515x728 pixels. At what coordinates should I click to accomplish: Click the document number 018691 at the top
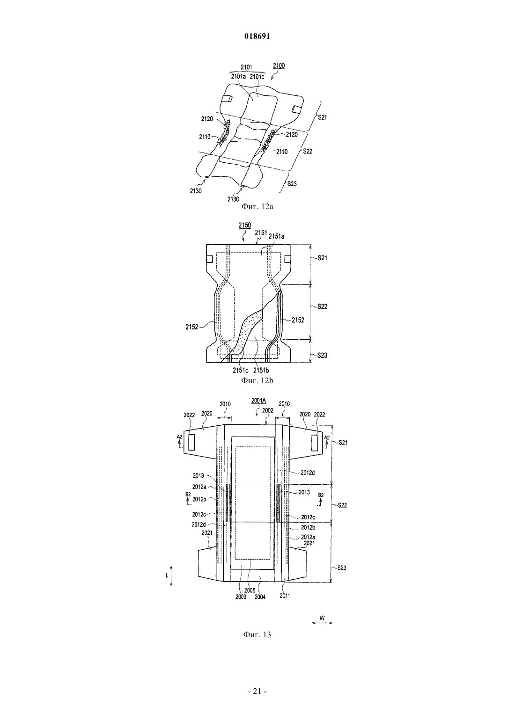[257, 36]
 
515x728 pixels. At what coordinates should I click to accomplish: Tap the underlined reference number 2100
[279, 66]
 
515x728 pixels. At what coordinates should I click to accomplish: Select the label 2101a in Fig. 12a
[239, 77]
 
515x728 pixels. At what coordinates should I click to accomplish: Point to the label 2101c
[257, 77]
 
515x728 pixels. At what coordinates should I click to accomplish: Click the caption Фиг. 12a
[257, 206]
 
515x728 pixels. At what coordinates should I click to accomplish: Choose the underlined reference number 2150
[244, 225]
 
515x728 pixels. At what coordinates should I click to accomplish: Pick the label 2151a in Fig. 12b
[276, 237]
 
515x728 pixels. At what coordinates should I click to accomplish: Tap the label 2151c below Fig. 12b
[241, 370]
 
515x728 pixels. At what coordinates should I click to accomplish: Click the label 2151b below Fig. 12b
[261, 370]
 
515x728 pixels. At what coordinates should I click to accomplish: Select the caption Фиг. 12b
[257, 380]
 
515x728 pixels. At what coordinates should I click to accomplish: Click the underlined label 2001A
[258, 401]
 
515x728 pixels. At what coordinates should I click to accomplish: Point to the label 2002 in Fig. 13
[268, 410]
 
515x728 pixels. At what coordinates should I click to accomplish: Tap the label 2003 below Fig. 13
[241, 597]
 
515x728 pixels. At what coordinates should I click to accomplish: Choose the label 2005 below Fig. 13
[250, 590]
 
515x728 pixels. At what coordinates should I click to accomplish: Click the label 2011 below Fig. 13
[285, 596]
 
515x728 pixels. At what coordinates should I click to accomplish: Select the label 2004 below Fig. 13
[260, 597]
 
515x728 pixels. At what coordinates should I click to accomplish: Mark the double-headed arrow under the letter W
[322, 623]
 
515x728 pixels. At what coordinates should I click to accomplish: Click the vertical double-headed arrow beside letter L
[171, 575]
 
